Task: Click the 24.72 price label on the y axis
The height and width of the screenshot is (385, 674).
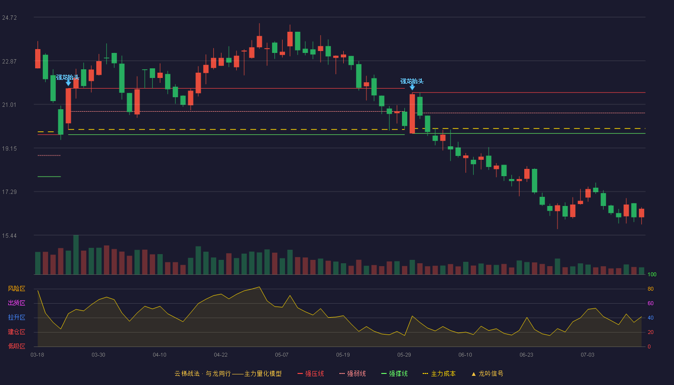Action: (x=9, y=18)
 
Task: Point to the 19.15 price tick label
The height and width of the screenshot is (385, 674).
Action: (x=9, y=149)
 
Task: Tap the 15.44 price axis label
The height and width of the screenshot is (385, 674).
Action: (x=9, y=236)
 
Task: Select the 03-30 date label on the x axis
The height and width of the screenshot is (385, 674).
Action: (x=98, y=355)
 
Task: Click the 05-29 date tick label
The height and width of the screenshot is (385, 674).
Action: (x=404, y=355)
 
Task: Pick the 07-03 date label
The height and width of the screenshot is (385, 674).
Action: (x=587, y=355)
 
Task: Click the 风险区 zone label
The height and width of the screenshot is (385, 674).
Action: (x=16, y=289)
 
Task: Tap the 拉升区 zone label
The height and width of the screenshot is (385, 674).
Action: (x=16, y=318)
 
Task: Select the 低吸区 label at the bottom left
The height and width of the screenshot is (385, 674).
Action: (x=16, y=346)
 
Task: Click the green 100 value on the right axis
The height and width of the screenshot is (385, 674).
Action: (x=652, y=274)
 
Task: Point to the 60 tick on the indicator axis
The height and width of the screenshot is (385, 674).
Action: (x=650, y=303)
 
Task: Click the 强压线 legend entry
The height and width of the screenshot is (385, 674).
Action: (x=311, y=374)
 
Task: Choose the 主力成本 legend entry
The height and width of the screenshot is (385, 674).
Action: (x=439, y=374)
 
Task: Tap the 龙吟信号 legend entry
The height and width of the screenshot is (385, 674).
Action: (x=487, y=374)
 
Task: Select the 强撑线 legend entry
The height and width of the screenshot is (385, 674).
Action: (x=394, y=374)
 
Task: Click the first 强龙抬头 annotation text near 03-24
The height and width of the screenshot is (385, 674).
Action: (x=68, y=77)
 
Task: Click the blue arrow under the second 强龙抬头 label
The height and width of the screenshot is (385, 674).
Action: (x=412, y=87)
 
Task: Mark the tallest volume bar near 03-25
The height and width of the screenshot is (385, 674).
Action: (x=76, y=255)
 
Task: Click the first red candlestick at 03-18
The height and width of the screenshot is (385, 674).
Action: (x=38, y=59)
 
